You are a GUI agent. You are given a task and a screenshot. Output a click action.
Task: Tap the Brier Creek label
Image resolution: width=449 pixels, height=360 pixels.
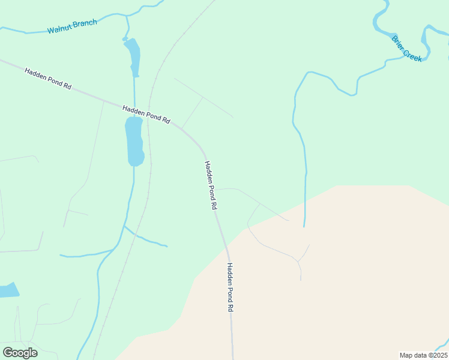407,48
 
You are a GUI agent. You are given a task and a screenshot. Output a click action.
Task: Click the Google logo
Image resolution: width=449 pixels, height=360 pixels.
20,352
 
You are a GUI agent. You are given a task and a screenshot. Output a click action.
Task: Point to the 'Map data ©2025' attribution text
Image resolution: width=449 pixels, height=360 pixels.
423,355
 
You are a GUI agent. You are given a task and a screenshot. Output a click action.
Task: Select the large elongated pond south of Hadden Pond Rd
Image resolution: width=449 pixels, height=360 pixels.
134,141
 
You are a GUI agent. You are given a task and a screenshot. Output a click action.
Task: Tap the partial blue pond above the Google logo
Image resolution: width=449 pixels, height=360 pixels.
8,290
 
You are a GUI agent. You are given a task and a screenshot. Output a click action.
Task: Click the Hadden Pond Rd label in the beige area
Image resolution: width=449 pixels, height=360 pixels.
229,287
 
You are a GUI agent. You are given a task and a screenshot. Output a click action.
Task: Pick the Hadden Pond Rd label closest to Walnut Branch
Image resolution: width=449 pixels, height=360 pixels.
48,79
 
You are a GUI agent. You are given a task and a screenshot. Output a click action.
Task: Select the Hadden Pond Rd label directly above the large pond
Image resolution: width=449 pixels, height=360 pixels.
146,114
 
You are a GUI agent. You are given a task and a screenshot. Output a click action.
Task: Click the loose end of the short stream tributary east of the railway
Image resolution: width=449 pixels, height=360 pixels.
167,246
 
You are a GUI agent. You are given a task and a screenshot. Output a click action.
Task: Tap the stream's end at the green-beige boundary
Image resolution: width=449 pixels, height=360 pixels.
304,226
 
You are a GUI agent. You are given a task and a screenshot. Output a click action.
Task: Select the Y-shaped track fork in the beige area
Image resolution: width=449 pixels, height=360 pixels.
298,262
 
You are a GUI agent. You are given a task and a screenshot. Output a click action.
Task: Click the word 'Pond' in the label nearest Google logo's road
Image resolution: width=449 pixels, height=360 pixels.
229,288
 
